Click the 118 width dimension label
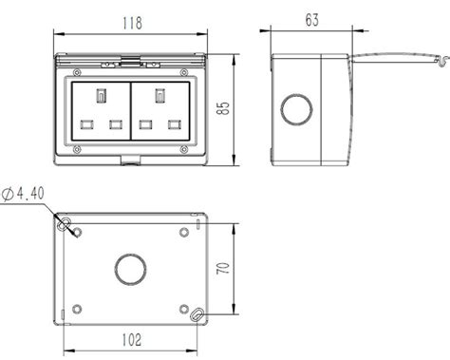(128, 21)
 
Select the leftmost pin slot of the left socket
(85, 124)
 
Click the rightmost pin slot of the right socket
(174, 124)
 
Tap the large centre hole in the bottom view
(128, 270)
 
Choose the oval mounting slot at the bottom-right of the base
(196, 315)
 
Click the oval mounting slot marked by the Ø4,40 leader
(64, 225)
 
